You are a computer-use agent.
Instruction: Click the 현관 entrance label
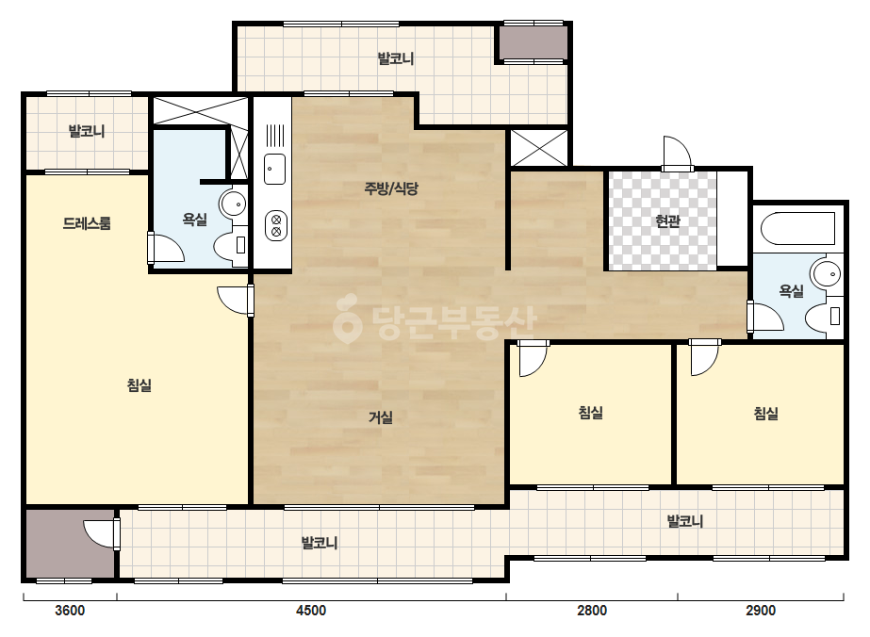(667, 221)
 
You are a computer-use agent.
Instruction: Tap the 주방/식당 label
(391, 188)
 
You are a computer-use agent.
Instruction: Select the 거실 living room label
(381, 416)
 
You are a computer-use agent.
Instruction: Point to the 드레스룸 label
(87, 223)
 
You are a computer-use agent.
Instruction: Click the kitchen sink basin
(274, 169)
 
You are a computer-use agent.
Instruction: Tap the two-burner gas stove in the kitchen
(276, 226)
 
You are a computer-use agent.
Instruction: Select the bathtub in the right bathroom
(798, 229)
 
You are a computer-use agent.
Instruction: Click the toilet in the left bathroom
(231, 244)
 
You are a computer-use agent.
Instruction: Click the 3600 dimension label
(70, 611)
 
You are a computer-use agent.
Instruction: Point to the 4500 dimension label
(311, 611)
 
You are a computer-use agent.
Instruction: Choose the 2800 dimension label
(592, 611)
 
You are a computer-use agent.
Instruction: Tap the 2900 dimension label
(761, 611)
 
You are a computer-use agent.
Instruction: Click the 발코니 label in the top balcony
(396, 58)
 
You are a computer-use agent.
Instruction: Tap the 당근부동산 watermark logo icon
(347, 318)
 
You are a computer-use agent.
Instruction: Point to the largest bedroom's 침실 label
(140, 384)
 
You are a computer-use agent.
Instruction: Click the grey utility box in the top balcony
(533, 42)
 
